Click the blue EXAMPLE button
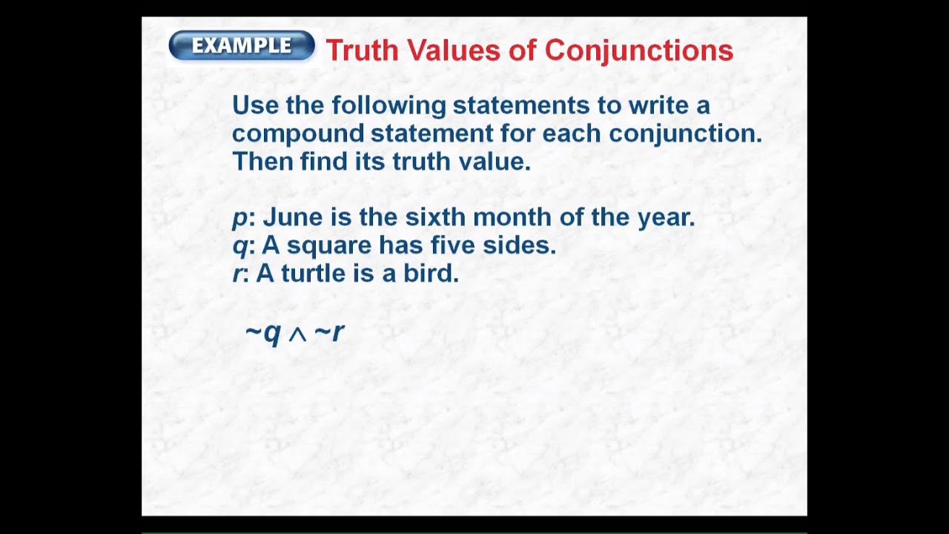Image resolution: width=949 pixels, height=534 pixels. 242,46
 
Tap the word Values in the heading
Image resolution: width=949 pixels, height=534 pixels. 453,50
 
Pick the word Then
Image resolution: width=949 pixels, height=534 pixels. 263,161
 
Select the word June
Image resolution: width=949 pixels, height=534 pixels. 294,217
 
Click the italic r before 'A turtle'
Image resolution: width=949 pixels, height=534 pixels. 237,274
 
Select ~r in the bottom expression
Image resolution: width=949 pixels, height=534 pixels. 329,332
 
